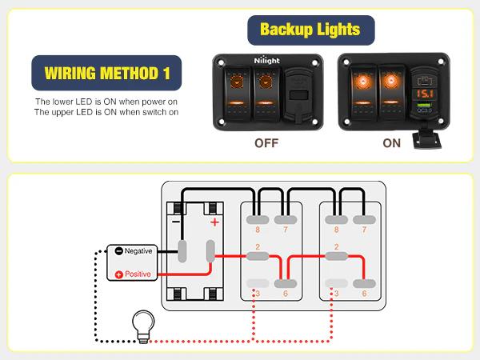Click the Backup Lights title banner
[310, 31]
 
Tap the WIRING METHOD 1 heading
[106, 73]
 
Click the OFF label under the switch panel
[266, 144]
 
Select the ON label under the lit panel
[392, 144]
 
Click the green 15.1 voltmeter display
[424, 95]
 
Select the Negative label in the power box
[138, 250]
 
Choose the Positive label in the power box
[138, 274]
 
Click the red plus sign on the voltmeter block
[214, 222]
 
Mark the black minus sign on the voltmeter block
[176, 222]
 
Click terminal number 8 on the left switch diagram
[257, 230]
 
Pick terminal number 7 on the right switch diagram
[365, 230]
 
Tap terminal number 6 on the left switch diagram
[286, 294]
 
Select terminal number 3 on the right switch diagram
[336, 294]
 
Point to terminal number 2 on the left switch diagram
[257, 246]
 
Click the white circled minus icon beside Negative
[118, 250]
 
